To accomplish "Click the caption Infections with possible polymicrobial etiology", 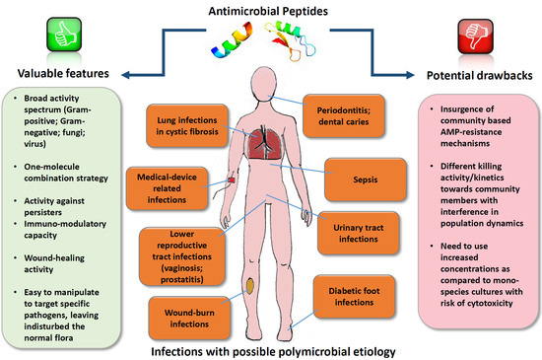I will [x=272, y=349].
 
